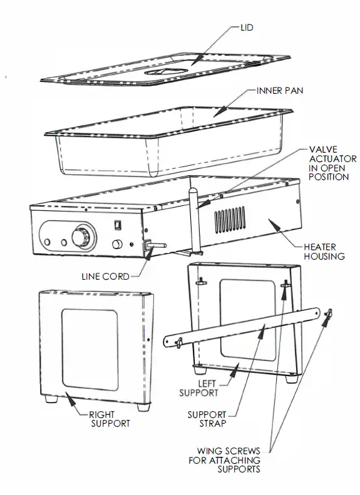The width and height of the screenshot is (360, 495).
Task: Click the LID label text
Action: (247, 28)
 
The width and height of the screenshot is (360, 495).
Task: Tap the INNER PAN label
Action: (279, 91)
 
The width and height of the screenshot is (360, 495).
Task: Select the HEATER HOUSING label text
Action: (324, 252)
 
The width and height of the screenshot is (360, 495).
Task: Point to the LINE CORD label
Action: (105, 277)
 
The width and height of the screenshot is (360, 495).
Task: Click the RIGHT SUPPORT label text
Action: (110, 419)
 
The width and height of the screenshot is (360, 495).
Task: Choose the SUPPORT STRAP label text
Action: (207, 419)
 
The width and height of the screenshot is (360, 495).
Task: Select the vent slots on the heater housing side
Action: (230, 220)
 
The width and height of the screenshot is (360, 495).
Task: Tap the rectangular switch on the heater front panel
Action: (118, 225)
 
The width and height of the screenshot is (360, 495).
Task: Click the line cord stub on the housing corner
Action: (155, 245)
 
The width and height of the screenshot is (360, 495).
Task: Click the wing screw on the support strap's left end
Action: (179, 343)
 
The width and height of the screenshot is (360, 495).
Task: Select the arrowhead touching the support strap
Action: (261, 333)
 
